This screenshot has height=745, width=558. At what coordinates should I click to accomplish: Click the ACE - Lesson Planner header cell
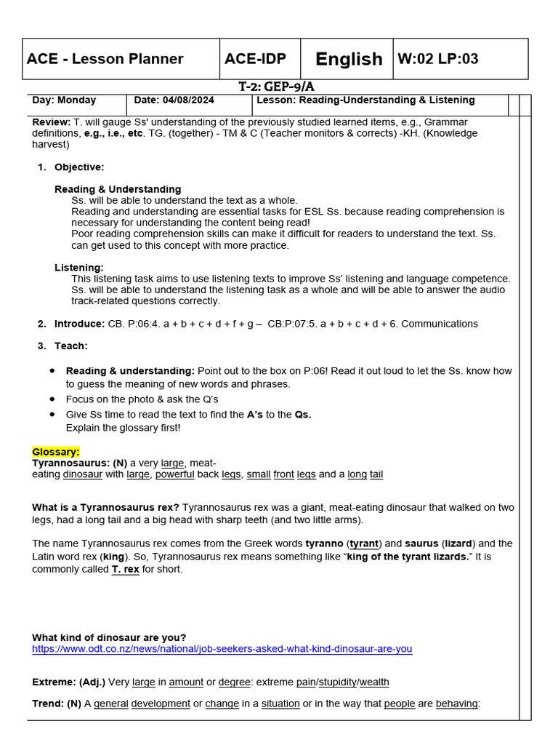105,59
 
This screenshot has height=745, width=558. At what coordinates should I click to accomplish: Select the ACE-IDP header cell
255,59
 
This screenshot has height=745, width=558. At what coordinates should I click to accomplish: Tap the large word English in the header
349,59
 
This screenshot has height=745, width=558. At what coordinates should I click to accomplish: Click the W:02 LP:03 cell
438,59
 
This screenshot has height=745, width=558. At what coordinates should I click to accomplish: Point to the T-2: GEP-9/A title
276,87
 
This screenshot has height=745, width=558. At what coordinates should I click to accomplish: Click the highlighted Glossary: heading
56,452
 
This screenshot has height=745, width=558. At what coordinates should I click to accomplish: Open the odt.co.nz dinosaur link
222,648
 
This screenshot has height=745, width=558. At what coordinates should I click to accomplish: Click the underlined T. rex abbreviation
125,569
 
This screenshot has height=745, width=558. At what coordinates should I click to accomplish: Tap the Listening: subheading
79,268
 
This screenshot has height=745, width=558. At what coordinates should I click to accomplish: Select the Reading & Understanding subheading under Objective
118,189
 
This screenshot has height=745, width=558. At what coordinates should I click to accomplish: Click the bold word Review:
51,122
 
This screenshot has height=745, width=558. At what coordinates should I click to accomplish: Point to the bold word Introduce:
80,324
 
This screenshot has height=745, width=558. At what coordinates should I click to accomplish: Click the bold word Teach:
70,346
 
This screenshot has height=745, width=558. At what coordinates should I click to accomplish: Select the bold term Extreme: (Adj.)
69,682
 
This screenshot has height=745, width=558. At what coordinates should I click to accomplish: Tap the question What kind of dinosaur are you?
109,637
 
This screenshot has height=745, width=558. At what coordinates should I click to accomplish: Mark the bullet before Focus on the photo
52,399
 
